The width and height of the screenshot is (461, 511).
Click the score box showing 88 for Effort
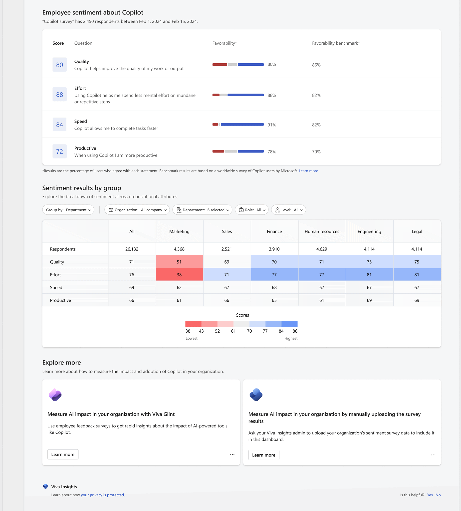coord(59,94)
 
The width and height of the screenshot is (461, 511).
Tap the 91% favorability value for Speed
coord(271,125)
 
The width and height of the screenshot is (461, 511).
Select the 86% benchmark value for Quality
coord(316,65)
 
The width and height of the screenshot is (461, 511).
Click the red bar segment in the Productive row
coord(218,151)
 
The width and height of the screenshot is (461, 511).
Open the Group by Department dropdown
coord(68,210)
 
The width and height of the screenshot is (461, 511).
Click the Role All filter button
coord(251,210)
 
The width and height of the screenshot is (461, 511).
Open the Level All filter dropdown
coord(288,210)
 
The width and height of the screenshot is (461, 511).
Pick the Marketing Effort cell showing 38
coord(179,275)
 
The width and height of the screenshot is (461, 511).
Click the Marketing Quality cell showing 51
coord(179,262)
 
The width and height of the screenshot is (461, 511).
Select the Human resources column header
coord(322,231)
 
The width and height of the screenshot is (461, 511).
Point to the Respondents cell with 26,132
coord(132,249)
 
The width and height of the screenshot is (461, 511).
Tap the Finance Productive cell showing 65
coord(274,300)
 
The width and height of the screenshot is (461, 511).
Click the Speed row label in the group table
coord(56,287)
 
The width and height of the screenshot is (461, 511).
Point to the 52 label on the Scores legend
coord(217,331)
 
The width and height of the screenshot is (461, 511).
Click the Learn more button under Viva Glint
coord(63,454)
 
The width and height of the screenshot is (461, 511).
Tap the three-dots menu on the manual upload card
coord(433,455)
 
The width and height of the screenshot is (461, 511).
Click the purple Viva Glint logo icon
coord(55,394)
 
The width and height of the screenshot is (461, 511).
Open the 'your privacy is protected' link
coord(103,495)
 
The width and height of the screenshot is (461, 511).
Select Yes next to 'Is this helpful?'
coord(430,495)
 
